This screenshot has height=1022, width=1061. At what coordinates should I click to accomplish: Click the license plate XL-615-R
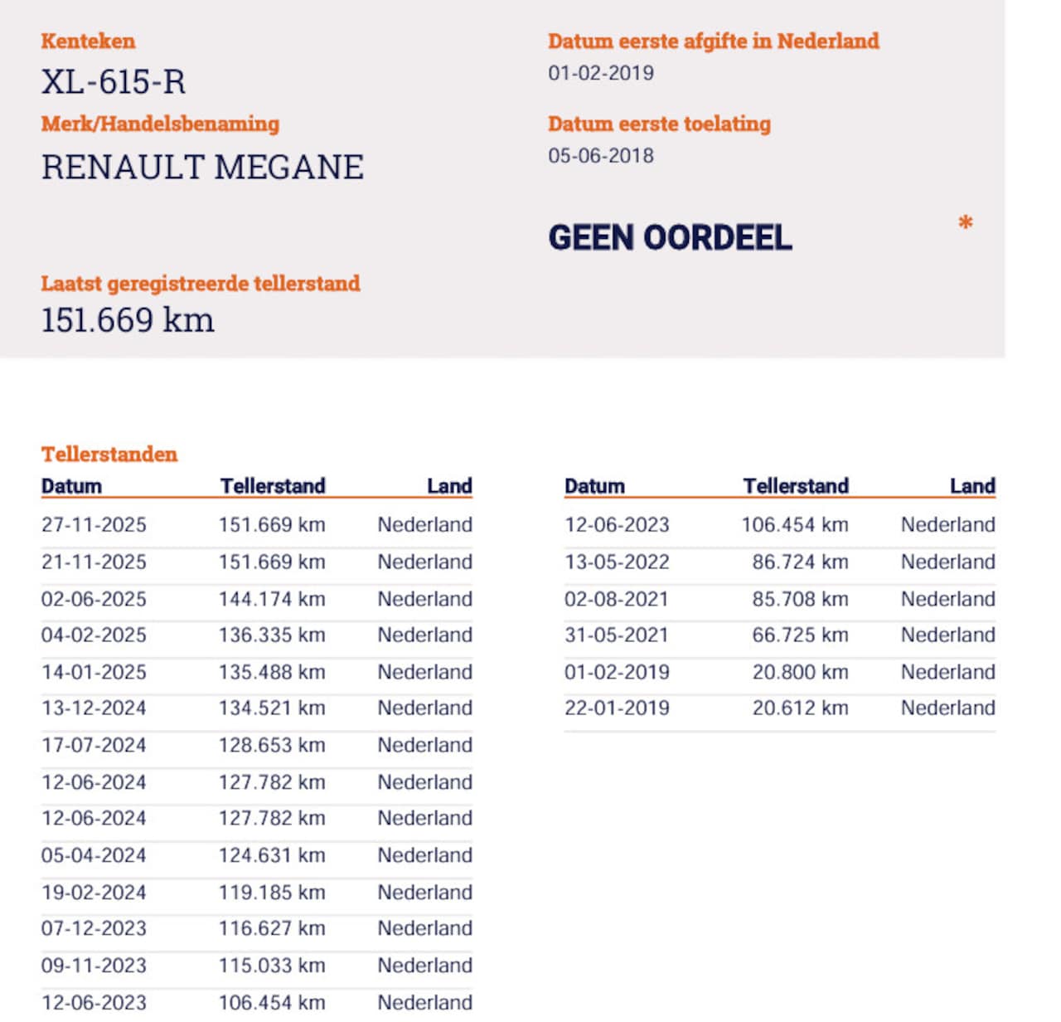pyautogui.click(x=114, y=82)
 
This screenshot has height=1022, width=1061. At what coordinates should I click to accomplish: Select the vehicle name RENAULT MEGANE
pyautogui.click(x=202, y=167)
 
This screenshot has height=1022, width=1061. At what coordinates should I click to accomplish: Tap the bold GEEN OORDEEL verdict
pyautogui.click(x=670, y=238)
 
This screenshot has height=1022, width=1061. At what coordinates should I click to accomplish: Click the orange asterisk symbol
pyautogui.click(x=965, y=222)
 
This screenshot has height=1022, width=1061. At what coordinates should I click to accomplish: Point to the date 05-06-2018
pyautogui.click(x=600, y=155)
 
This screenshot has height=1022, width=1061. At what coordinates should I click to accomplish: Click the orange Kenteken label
pyautogui.click(x=88, y=41)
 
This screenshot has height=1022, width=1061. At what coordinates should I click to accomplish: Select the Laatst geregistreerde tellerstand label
pyautogui.click(x=201, y=283)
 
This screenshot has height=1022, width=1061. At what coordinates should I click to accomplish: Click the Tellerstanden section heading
pyautogui.click(x=109, y=454)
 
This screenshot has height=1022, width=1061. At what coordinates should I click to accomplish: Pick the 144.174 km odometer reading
pyautogui.click(x=272, y=598)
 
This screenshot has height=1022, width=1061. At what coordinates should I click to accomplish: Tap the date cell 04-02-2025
pyautogui.click(x=94, y=635)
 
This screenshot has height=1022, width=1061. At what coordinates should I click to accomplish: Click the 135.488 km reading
pyautogui.click(x=272, y=671)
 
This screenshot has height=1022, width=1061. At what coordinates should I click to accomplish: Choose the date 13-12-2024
pyautogui.click(x=94, y=708)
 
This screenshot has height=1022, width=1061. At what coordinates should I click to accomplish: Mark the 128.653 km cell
pyautogui.click(x=272, y=744)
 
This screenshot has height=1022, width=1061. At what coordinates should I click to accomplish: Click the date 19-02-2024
pyautogui.click(x=94, y=892)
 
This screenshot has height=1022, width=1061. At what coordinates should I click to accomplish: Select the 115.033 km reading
pyautogui.click(x=272, y=965)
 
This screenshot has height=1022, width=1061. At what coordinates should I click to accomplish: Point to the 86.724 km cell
pyautogui.click(x=800, y=562)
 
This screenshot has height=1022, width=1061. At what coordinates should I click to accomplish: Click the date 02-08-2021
pyautogui.click(x=616, y=598)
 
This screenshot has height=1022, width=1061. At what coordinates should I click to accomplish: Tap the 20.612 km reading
pyautogui.click(x=800, y=708)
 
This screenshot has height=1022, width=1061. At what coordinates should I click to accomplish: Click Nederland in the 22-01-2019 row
pyautogui.click(x=947, y=708)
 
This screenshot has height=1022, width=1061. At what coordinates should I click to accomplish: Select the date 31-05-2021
pyautogui.click(x=616, y=635)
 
